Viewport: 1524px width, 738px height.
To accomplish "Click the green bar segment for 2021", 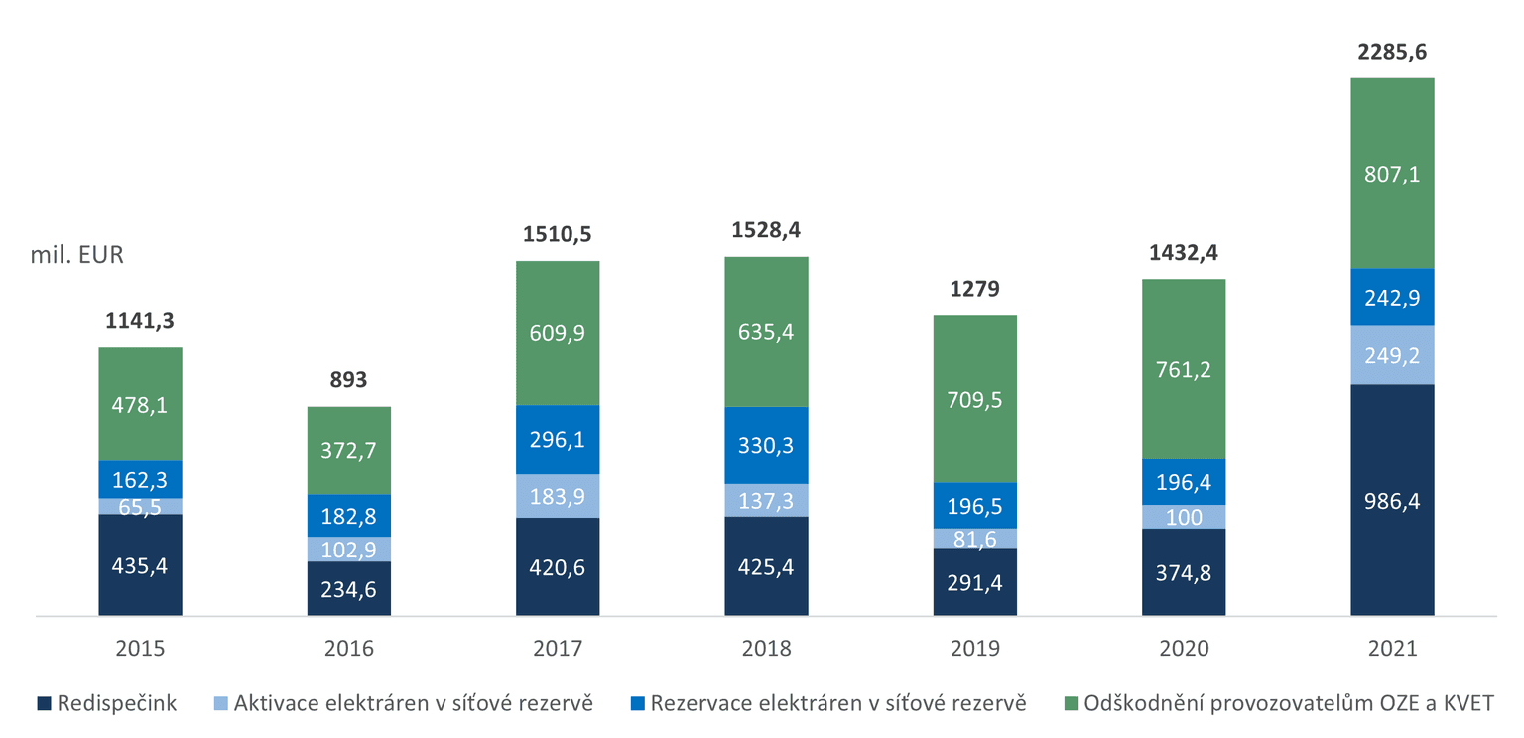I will pos(1392,174).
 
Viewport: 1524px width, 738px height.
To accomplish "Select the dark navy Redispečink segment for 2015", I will pos(140,565).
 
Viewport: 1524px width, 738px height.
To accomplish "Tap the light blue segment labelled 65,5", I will pos(140,506).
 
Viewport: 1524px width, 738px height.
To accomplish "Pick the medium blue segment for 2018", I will pos(766,445).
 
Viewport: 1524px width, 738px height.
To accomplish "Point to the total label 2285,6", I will pos(1392,53).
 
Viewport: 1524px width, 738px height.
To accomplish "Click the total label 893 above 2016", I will pos(348,380).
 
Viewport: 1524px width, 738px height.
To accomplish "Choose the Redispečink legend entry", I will pos(107,704).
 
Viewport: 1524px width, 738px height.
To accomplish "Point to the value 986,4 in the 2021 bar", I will pos(1392,501).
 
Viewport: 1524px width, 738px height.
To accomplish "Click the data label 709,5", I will pos(974,400).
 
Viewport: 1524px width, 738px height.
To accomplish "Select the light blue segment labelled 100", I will pos(1184,517).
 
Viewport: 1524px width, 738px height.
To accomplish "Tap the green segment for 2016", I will pos(348,450).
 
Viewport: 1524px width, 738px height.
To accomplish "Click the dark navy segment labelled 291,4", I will pos(974,582).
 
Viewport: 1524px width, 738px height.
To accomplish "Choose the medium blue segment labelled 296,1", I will pos(558,439).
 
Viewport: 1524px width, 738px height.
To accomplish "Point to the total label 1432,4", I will pos(1184,253).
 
